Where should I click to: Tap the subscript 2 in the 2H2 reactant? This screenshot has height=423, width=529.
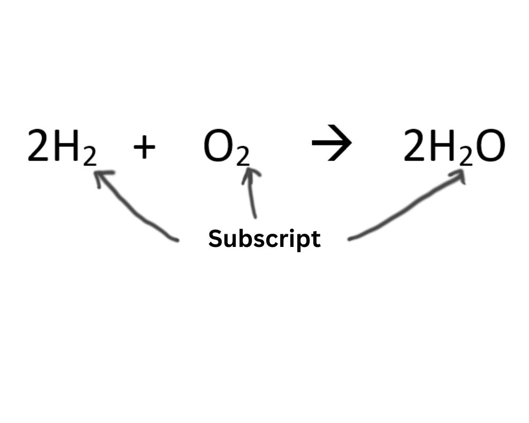[x=89, y=157]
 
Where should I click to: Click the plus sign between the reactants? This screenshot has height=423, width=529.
[x=144, y=146]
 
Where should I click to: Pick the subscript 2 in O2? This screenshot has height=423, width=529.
[x=242, y=157]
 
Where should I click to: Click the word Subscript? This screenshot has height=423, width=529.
[x=264, y=239]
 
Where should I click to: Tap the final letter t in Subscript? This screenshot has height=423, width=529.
[x=316, y=239]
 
